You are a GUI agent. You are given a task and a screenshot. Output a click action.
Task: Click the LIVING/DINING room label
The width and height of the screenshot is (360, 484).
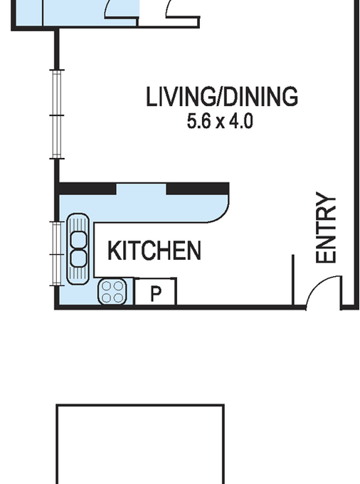pyautogui.click(x=222, y=97)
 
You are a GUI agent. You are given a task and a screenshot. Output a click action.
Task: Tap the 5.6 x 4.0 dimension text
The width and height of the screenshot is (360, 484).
pyautogui.click(x=220, y=121)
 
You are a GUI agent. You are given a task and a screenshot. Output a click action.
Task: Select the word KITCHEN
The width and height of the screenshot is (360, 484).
pyautogui.click(x=154, y=251)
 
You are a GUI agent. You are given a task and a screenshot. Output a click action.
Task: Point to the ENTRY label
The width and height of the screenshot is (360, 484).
pyautogui.click(x=326, y=228)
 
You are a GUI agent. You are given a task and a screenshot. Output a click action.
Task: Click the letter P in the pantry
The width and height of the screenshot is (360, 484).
pyautogui.click(x=156, y=293)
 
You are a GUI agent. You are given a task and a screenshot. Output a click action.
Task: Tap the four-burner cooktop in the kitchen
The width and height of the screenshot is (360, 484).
pyautogui.click(x=112, y=292)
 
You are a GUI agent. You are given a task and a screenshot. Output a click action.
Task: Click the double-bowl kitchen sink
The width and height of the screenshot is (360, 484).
pyautogui.click(x=78, y=248)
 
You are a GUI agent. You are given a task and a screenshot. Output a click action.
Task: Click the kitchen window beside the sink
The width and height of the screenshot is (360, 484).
pyautogui.click(x=56, y=253)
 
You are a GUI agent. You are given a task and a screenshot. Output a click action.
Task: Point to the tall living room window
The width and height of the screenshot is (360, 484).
pyautogui.click(x=57, y=115)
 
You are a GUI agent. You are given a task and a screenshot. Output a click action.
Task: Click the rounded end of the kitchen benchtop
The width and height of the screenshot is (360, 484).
pyautogui.click(x=220, y=213)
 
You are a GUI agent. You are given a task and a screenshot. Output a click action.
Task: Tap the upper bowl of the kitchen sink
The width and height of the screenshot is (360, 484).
pyautogui.click(x=78, y=240)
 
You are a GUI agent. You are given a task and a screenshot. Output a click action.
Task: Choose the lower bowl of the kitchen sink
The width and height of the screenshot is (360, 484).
pyautogui.click(x=78, y=258)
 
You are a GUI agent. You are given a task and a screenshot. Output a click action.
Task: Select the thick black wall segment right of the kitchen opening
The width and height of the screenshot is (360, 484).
pyautogui.click(x=198, y=189)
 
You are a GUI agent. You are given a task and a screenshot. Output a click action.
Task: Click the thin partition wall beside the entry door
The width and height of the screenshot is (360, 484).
pyautogui.click(x=292, y=280)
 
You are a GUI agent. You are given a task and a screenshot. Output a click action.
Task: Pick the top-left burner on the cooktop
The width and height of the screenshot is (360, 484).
pyautogui.click(x=106, y=286)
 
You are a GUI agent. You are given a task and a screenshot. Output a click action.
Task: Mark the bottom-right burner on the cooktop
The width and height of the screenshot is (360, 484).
pyautogui.click(x=118, y=298)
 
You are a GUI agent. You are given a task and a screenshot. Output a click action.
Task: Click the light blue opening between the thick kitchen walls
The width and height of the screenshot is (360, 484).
pyautogui.click(x=142, y=189)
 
